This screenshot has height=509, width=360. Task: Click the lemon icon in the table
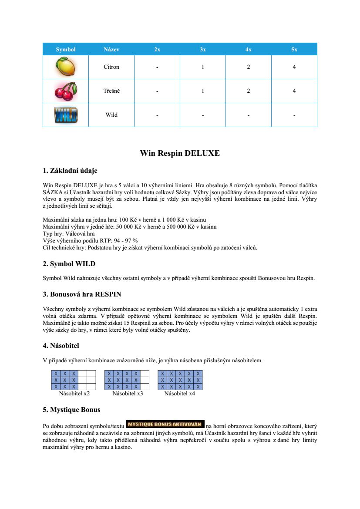click(x=66, y=67)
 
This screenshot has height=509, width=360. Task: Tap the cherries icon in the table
click(x=66, y=91)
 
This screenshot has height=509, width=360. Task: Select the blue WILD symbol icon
click(x=66, y=115)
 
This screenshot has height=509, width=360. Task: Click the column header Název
click(x=111, y=50)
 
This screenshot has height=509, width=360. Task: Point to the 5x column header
click(x=294, y=50)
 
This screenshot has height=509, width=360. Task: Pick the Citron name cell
click(x=111, y=67)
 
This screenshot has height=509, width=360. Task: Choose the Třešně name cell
click(x=111, y=91)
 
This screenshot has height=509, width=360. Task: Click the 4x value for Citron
click(x=248, y=67)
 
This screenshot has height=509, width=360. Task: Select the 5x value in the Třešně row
click(x=294, y=91)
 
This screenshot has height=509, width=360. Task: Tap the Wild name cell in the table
click(x=111, y=115)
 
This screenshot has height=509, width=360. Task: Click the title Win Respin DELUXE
click(x=180, y=153)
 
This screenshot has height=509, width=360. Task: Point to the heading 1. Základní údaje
click(x=73, y=170)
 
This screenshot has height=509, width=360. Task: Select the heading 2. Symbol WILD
click(x=69, y=264)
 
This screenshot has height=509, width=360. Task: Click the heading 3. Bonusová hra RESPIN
click(x=82, y=294)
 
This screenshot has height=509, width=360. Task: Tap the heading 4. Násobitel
click(x=61, y=346)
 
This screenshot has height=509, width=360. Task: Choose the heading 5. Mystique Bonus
click(x=71, y=410)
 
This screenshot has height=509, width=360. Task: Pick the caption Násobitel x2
click(x=74, y=394)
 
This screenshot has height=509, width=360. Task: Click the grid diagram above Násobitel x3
click(x=127, y=380)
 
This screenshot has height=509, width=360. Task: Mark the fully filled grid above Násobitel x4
click(x=180, y=380)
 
